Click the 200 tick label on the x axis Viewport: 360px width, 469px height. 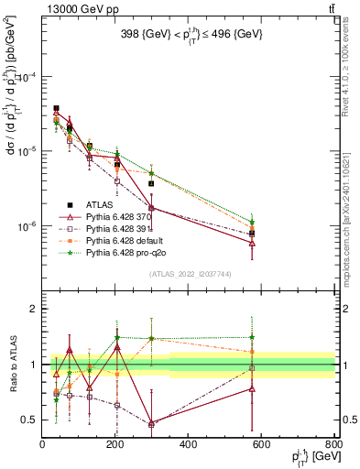coord(115,446)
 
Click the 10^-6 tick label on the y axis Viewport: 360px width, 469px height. coord(27,226)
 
